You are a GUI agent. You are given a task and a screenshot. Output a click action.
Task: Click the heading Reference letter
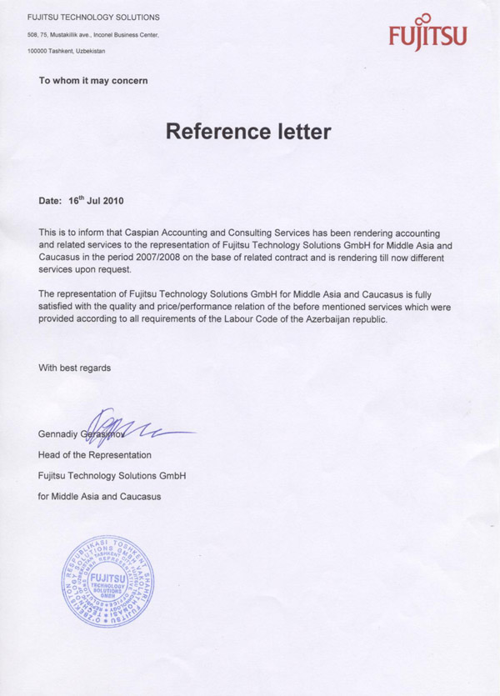[248, 132]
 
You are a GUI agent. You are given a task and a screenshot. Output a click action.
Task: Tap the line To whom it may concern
[93, 81]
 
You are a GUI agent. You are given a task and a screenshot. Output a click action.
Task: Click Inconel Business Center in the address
[130, 35]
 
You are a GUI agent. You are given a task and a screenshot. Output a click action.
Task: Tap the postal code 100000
[37, 51]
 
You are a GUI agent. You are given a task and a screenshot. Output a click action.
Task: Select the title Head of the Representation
[95, 455]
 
